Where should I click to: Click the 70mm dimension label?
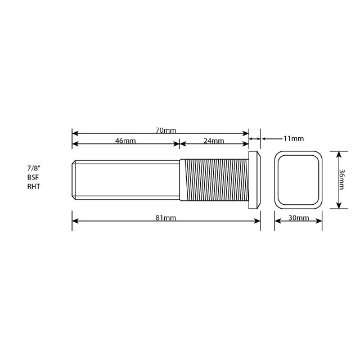click(166, 130)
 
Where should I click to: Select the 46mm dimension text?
click(125, 141)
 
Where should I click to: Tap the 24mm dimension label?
click(214, 141)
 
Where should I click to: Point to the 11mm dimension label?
click(294, 138)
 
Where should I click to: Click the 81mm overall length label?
click(166, 218)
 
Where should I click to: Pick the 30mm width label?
click(298, 218)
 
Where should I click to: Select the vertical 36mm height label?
click(343, 179)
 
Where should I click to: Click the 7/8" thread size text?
click(35, 168)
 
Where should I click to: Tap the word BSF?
click(33, 177)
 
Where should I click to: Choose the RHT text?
click(33, 186)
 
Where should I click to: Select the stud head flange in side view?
click(255, 179)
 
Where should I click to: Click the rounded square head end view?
click(298, 179)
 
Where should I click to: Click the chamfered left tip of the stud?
click(74, 179)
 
